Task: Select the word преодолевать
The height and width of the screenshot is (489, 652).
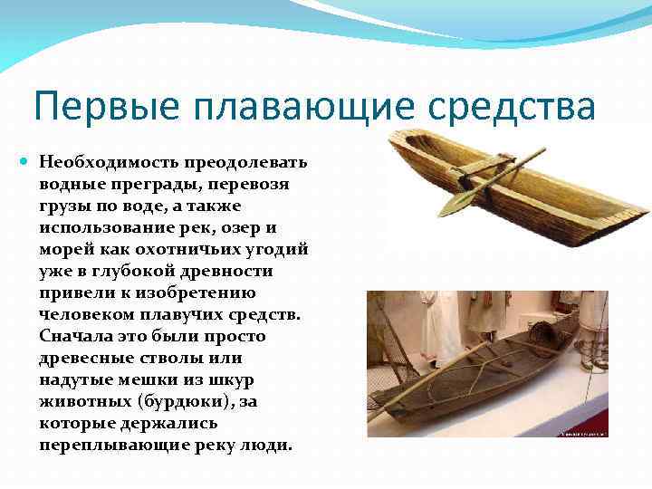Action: point(246,163)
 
